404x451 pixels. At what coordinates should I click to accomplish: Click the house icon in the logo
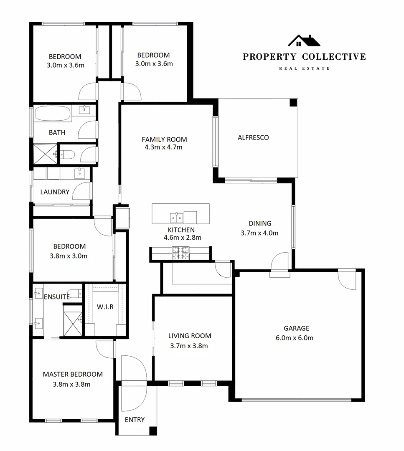tap(304, 41)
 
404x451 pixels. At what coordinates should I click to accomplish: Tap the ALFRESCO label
tap(253, 137)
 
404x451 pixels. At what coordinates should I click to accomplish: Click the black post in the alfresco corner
tap(293, 102)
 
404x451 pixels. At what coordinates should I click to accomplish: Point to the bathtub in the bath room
tap(53, 114)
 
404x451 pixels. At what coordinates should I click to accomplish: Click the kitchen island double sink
tap(176, 217)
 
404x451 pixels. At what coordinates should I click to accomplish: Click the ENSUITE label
tap(57, 297)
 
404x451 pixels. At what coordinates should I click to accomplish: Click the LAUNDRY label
tap(55, 192)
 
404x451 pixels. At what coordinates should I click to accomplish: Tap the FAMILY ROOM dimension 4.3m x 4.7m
tap(164, 147)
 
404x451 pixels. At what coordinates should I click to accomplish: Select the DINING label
tap(260, 223)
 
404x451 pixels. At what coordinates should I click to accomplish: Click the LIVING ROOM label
tap(190, 336)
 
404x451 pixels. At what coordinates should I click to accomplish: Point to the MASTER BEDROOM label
tap(73, 374)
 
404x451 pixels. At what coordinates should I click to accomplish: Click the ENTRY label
tap(135, 420)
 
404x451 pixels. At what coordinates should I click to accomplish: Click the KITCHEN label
tap(181, 230)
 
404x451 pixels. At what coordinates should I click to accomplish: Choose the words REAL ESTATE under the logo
tap(304, 68)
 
